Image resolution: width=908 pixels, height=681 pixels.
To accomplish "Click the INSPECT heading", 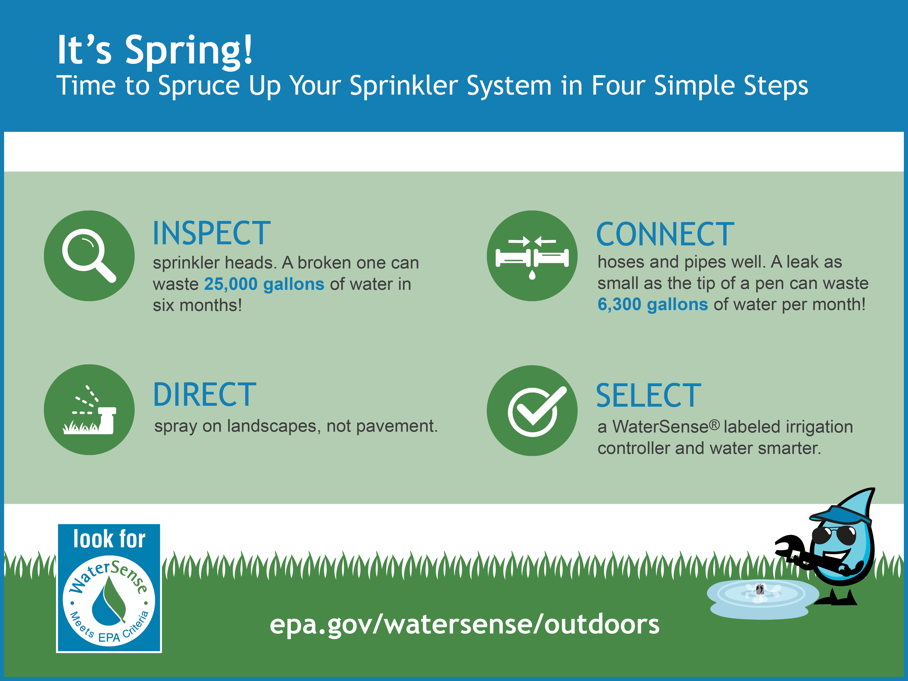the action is (x=211, y=233).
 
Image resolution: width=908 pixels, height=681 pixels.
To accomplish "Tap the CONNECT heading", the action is (x=665, y=234).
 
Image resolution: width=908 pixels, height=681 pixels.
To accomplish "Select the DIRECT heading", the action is (x=204, y=394).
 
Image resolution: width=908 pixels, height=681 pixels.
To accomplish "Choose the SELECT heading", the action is (x=648, y=396).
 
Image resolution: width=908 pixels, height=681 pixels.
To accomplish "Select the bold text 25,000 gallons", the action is (x=264, y=284).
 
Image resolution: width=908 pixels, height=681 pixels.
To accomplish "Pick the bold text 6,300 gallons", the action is (x=653, y=305).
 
